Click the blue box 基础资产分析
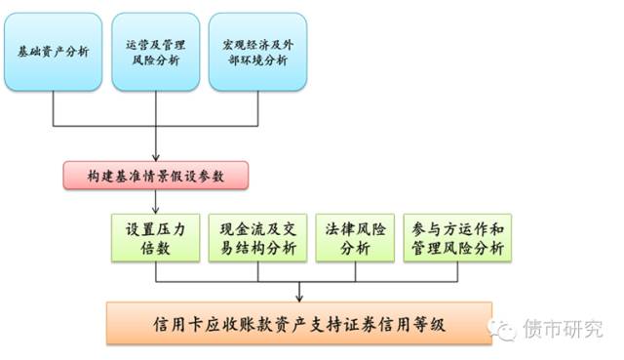pos(53,52)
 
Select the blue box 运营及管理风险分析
pos(155,52)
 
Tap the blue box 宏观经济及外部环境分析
pos(257,52)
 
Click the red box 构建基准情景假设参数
pos(155,176)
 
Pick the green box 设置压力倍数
pos(155,237)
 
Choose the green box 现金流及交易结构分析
pos(257,237)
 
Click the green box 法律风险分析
pos(355,237)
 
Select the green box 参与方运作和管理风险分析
pos(457,237)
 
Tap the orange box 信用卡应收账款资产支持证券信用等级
pos(299,323)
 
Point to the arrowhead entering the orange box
pos(299,297)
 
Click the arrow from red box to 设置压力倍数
pos(155,201)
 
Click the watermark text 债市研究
pos(563,329)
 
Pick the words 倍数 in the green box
pos(156,248)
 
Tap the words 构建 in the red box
pos(99,176)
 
